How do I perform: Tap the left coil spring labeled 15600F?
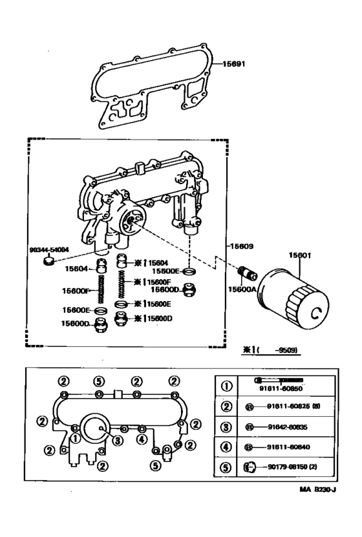(x=101, y=290)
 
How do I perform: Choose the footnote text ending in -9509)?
(x=271, y=350)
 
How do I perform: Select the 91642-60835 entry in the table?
(x=284, y=427)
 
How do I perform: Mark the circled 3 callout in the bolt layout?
(x=117, y=441)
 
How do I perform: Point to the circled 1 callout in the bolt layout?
(x=78, y=438)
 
